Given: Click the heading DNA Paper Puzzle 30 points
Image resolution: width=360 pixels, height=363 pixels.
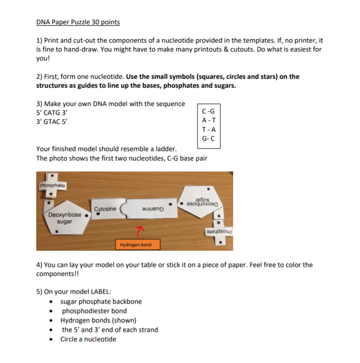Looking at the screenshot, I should tap(78, 22).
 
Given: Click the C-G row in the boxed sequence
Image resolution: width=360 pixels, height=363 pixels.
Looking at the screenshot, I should tap(209, 111).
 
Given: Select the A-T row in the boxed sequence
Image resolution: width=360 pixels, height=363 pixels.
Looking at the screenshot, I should tap(209, 120).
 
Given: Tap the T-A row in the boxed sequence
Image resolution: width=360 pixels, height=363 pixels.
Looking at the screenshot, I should tap(209, 129).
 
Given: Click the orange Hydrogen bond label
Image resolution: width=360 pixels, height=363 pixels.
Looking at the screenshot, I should tap(135, 244).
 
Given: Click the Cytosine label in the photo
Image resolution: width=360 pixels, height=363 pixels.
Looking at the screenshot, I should tap(105, 209).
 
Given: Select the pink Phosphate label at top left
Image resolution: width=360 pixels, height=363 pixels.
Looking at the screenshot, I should tap(52, 185).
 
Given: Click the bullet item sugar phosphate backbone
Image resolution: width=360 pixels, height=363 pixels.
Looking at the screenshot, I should tap(101, 301).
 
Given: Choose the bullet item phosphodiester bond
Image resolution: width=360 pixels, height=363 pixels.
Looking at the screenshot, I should tap(94, 311).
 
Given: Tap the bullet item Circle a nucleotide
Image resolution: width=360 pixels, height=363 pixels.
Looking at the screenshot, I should tap(88, 339).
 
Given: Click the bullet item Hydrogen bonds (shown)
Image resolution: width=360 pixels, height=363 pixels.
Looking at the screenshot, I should tap(98, 320).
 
